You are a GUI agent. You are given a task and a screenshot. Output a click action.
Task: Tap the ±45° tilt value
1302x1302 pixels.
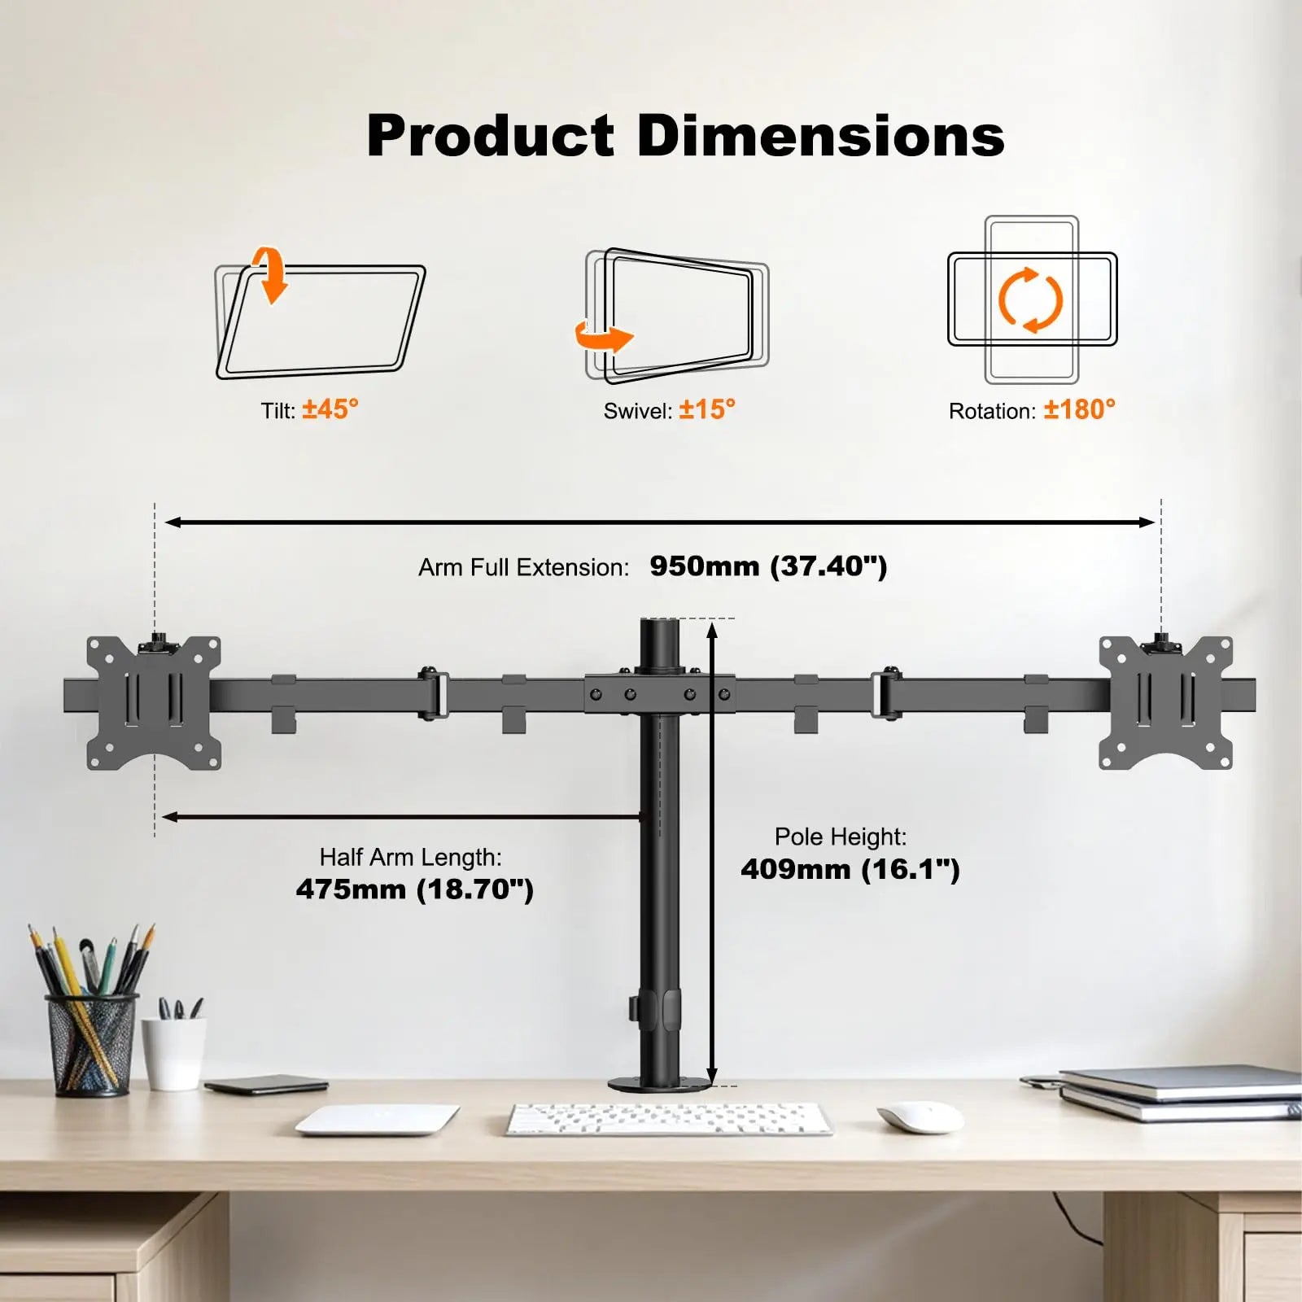point(330,409)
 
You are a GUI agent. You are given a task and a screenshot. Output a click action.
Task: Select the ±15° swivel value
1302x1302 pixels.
point(707,409)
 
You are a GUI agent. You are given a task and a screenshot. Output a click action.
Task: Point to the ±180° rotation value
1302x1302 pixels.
point(1080,409)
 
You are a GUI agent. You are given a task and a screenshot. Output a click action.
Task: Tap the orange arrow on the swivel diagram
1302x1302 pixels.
point(604,336)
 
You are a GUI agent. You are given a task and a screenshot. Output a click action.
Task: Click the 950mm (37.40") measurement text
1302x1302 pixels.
point(768,566)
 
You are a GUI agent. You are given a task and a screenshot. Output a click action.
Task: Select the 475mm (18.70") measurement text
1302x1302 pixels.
point(415,889)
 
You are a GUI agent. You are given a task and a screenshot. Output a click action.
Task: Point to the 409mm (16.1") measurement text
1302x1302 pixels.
point(850,869)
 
